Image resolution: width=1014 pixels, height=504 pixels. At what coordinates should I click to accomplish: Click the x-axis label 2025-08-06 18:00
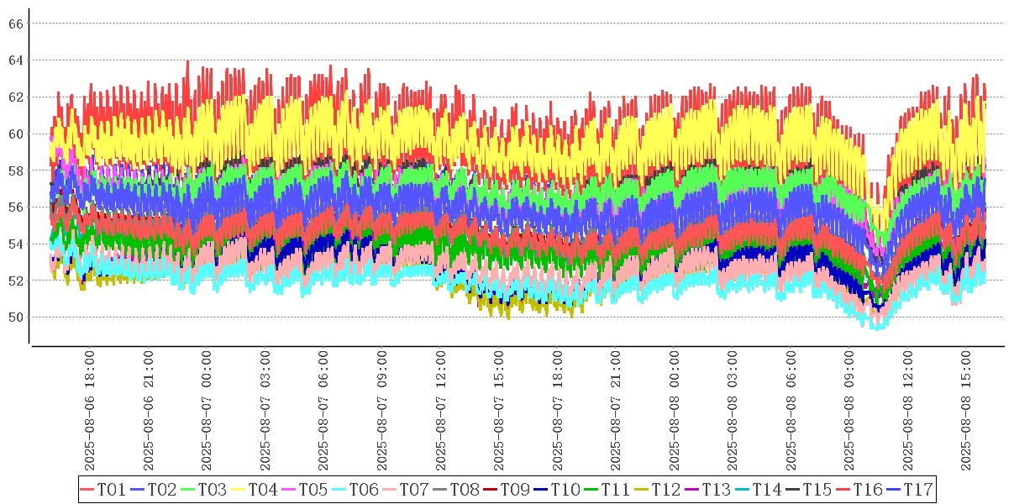pyautogui.click(x=90, y=412)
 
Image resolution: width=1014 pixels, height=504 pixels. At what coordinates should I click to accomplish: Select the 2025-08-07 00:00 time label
pyautogui.click(x=208, y=412)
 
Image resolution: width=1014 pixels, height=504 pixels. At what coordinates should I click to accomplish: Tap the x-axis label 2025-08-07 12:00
pyautogui.click(x=442, y=412)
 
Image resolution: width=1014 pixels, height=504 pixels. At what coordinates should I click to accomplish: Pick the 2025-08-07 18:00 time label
pyautogui.click(x=559, y=412)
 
